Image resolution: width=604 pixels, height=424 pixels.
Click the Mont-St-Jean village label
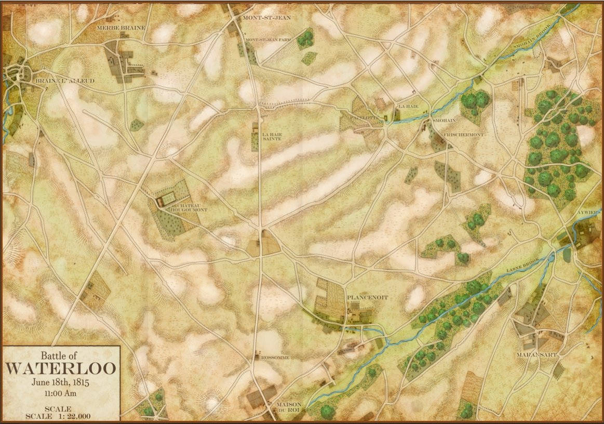(266, 17)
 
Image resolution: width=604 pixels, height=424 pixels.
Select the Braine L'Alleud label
(57, 81)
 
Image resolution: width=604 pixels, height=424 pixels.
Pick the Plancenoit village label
(367, 297)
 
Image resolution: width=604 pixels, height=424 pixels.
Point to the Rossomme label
(274, 357)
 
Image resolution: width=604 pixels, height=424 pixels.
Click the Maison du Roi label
(289, 407)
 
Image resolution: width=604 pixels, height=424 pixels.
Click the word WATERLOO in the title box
(61, 368)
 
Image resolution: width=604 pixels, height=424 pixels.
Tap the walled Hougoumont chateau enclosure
(168, 198)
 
